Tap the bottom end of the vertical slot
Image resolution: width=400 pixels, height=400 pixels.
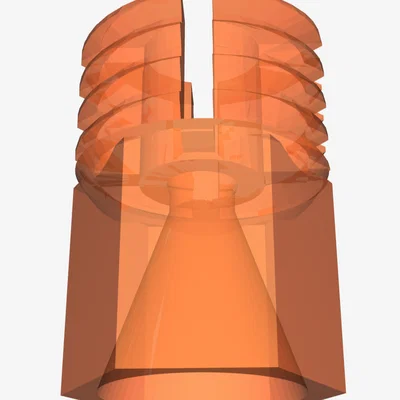pyautogui.click(x=199, y=113)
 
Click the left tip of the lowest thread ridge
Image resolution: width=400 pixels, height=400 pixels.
pyautogui.click(x=78, y=150)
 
